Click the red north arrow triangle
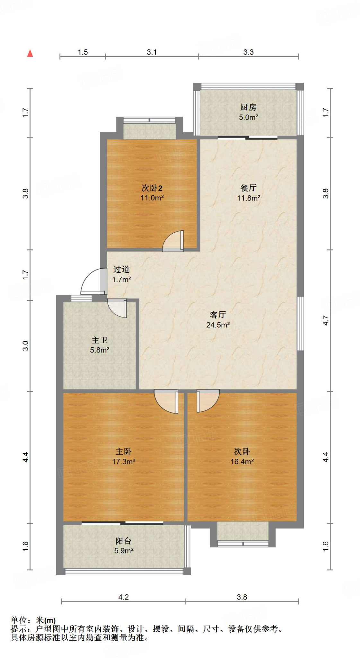(30, 53)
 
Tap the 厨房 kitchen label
(248, 107)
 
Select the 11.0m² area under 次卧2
(152, 198)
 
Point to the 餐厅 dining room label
(248, 188)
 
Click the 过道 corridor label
(121, 269)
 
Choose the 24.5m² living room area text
(218, 325)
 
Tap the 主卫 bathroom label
(100, 340)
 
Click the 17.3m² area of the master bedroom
(124, 462)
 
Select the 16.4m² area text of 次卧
(242, 462)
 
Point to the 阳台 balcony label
(124, 541)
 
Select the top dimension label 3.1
(152, 52)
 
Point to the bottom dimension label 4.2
(124, 597)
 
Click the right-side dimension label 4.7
(326, 320)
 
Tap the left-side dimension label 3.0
(26, 346)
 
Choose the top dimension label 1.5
(83, 52)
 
